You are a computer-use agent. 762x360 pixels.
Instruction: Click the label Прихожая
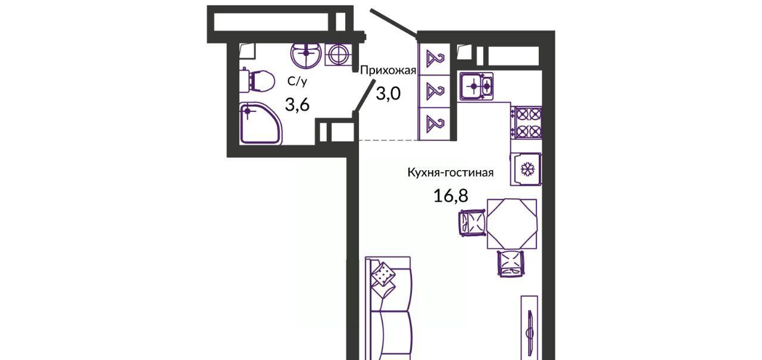tap(388, 71)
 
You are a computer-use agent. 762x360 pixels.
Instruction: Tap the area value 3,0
tap(388, 94)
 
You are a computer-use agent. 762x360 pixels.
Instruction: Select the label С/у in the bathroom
tap(297, 82)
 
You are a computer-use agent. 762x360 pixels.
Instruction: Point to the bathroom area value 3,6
tap(297, 104)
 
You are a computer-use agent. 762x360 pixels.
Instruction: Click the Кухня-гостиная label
tap(451, 173)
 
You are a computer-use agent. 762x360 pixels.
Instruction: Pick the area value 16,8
tap(451, 196)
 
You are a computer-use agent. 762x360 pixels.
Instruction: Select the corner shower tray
tap(261, 124)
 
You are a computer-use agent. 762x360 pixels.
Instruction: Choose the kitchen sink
tap(476, 86)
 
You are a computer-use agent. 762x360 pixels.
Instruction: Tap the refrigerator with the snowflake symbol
tap(526, 169)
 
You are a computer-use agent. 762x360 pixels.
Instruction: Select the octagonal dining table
tap(512, 224)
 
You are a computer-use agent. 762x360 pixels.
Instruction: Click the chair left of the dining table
tap(473, 223)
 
